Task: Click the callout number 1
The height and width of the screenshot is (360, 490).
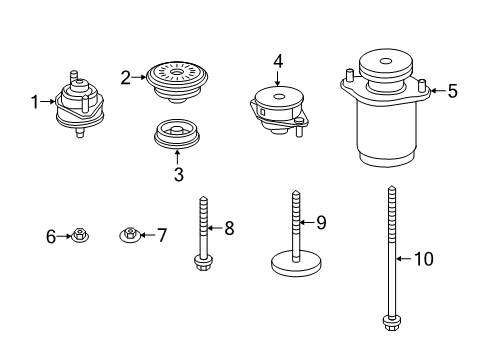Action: pos(34,101)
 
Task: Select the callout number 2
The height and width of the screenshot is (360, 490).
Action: pos(126,76)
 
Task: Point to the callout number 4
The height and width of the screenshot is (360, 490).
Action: pos(279,61)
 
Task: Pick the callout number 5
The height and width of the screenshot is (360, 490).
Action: pos(452,91)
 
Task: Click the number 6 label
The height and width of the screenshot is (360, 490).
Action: pos(51,236)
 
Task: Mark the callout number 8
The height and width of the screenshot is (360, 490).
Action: pos(229,229)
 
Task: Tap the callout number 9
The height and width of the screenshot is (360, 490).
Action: pos(322,222)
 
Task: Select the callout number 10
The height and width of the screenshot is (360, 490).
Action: pos(424,259)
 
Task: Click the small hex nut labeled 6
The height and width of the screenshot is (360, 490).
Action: pos(78,236)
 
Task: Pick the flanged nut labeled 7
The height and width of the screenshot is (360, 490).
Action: pos(130,236)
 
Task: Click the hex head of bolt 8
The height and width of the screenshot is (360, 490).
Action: pos(203,264)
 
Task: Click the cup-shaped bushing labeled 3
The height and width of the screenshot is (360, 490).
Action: pos(178,133)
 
